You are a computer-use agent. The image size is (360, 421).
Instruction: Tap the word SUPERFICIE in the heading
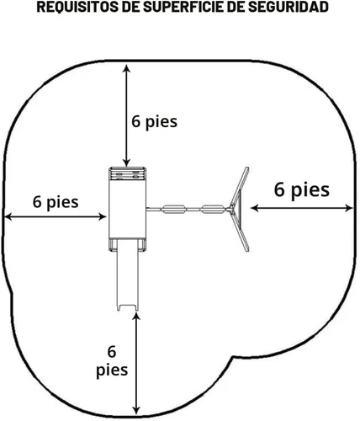coord(183,8)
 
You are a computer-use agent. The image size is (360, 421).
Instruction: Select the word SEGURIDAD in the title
coord(289,8)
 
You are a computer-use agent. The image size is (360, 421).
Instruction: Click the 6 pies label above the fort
coord(155,122)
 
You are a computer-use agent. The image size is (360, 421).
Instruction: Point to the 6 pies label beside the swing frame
coord(302,190)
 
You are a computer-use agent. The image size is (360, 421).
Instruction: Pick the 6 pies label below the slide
coord(112,361)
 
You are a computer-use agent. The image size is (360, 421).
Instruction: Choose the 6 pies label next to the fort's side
coord(56,202)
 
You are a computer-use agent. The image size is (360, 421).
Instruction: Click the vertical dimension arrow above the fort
coord(127,115)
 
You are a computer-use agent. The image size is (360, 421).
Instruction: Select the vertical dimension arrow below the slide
coord(136,364)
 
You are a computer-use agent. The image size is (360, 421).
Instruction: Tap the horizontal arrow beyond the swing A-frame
coord(302,208)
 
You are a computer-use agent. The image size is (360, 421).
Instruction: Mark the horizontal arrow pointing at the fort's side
coord(56,216)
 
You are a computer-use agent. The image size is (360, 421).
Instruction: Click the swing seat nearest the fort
coord(174,210)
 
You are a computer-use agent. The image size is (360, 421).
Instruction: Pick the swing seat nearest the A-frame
coord(213,210)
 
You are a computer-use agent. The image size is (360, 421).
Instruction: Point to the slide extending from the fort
coord(128,274)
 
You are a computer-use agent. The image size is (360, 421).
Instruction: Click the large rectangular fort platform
coord(127,209)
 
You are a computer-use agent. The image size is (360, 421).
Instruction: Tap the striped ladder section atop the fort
coord(127,173)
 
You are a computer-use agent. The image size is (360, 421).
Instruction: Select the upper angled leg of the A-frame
coord(240,187)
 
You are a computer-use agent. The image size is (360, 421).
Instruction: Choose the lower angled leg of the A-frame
coord(240,232)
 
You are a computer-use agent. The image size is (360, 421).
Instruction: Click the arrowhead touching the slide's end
coord(136,317)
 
